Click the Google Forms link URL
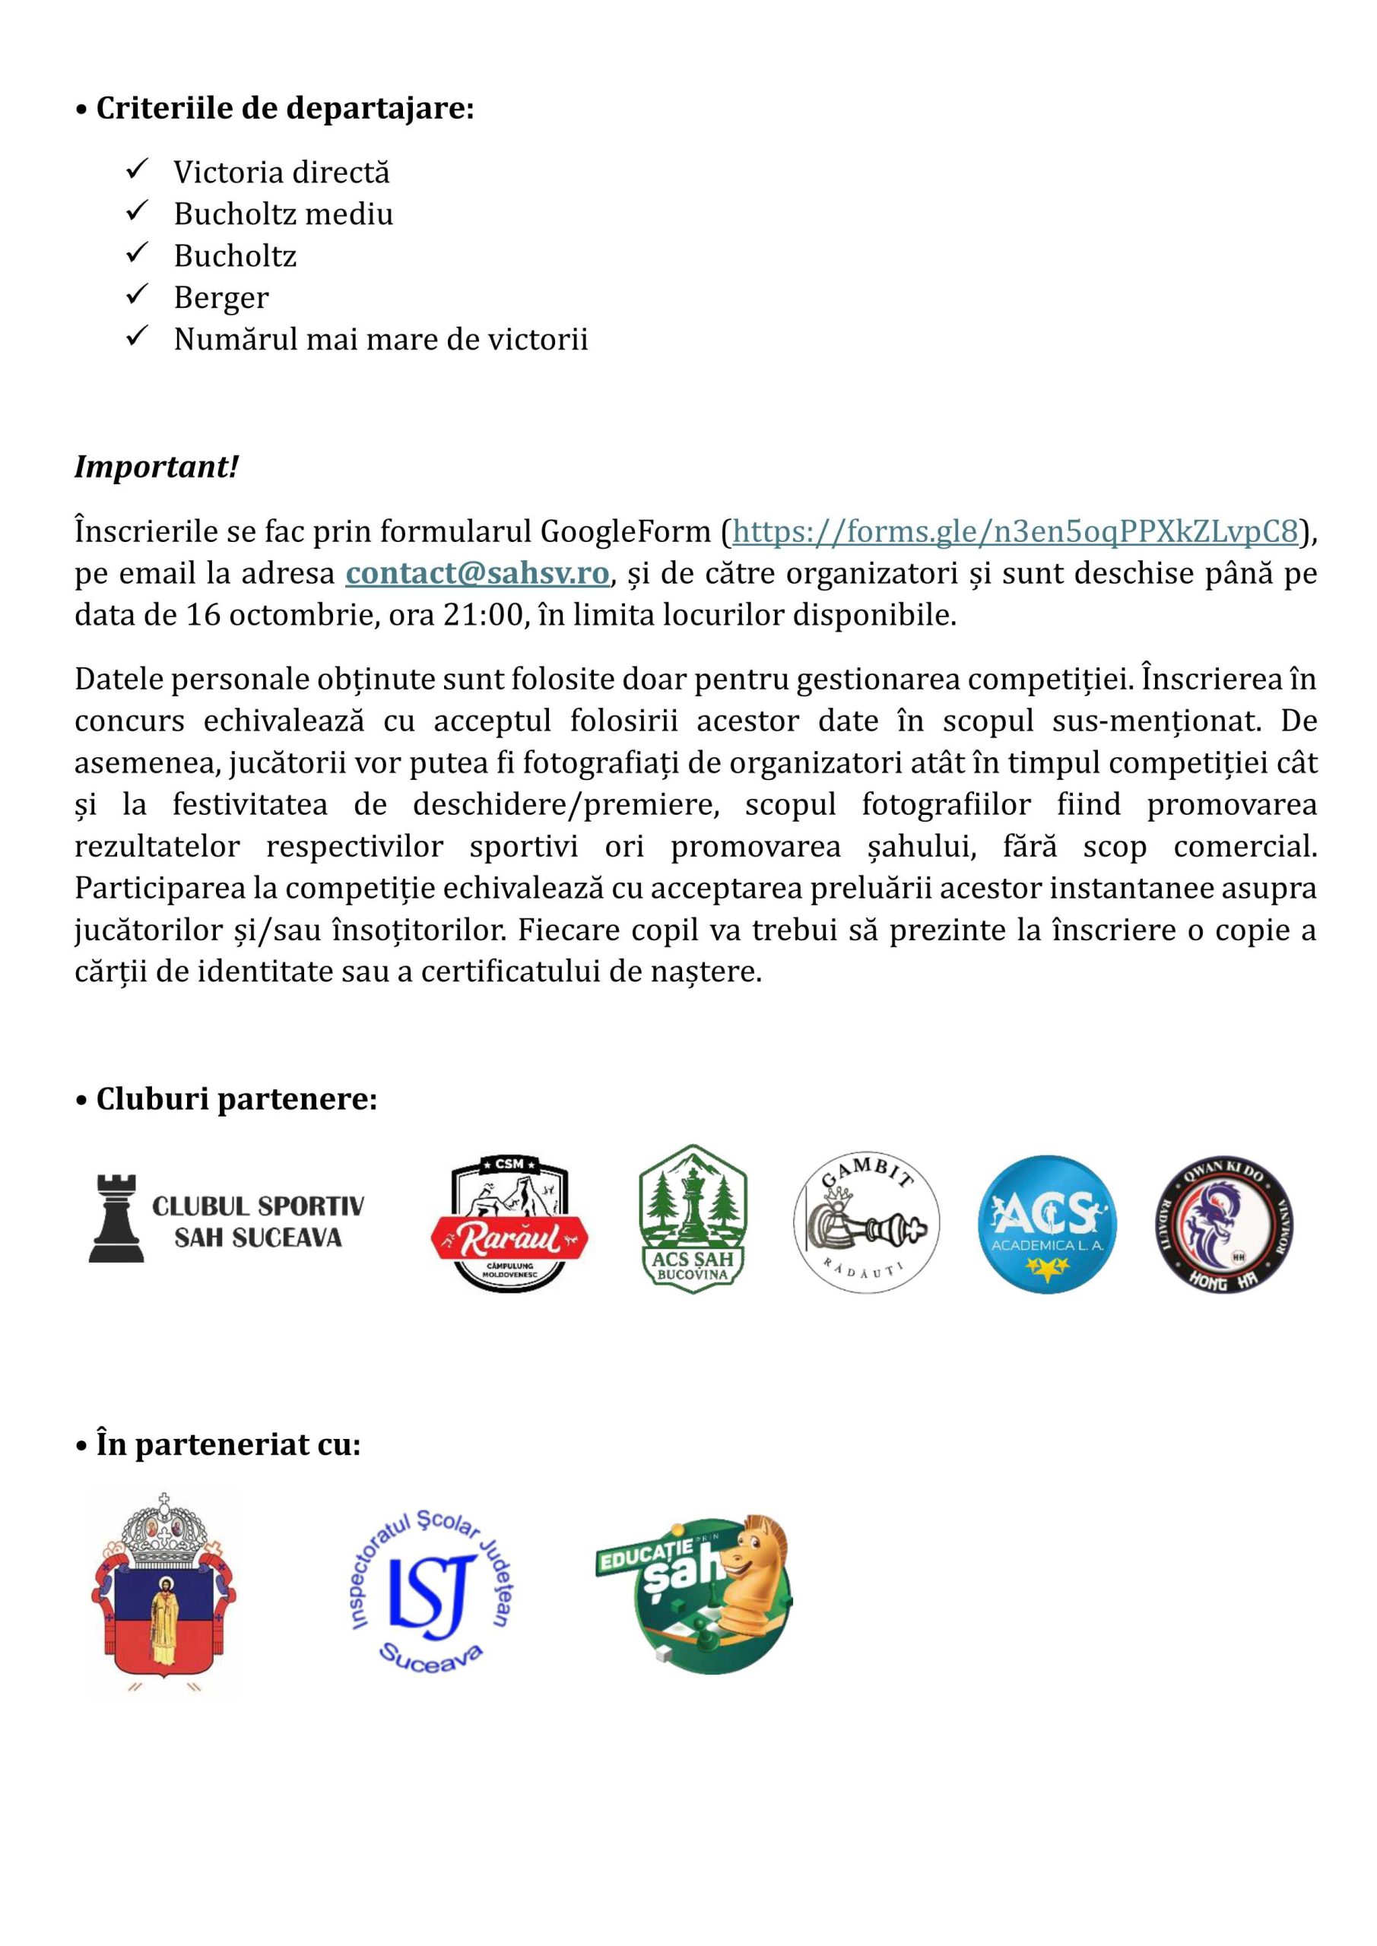coord(1015,531)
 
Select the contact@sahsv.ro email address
coord(477,574)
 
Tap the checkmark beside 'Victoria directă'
coord(137,170)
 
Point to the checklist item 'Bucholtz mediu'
coord(283,214)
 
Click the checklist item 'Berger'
coord(221,297)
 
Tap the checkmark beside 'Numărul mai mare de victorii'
coord(137,337)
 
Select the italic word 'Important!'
coord(157,466)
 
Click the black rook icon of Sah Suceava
coord(116,1218)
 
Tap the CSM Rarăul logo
coord(509,1223)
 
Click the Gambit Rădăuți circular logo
coord(866,1222)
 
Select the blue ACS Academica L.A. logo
coord(1046,1223)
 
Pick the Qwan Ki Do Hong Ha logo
coord(1224,1223)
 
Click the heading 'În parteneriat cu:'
coord(227,1444)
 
